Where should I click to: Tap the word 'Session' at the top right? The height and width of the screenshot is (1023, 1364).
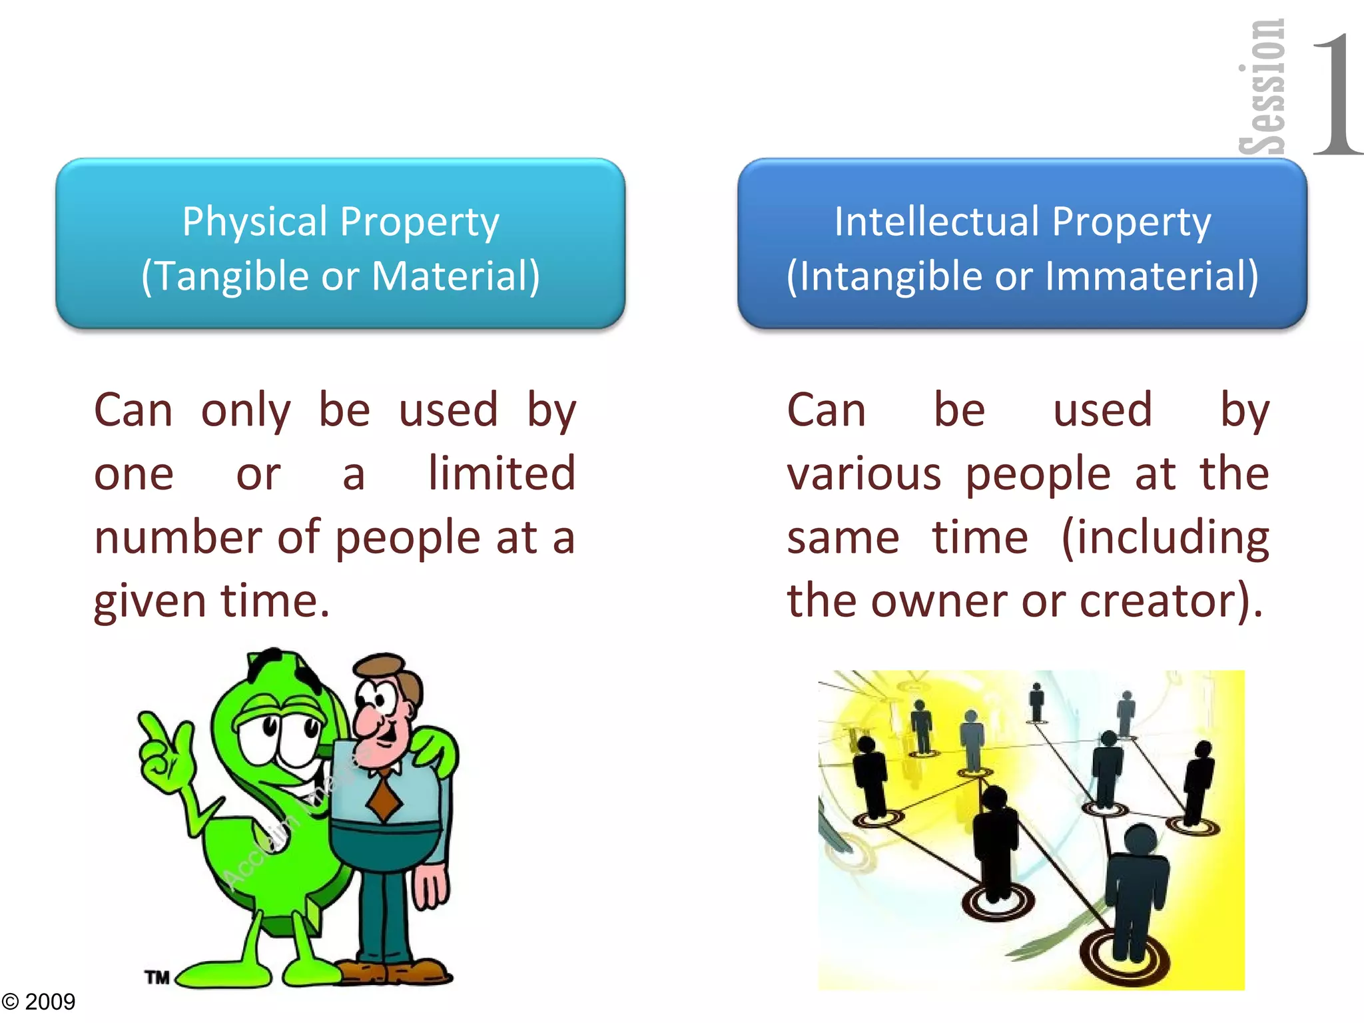coord(1262,87)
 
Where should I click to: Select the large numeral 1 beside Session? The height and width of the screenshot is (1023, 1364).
coord(1335,93)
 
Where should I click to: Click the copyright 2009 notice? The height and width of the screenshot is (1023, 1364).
coord(39,1002)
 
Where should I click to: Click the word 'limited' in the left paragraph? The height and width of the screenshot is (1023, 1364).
coord(502,474)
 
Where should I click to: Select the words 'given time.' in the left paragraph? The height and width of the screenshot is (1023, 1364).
coord(212,601)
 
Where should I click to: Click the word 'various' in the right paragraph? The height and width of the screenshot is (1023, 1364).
coord(864,474)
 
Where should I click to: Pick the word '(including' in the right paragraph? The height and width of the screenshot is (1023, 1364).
coord(1165,537)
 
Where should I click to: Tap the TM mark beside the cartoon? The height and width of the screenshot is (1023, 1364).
coord(158,977)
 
